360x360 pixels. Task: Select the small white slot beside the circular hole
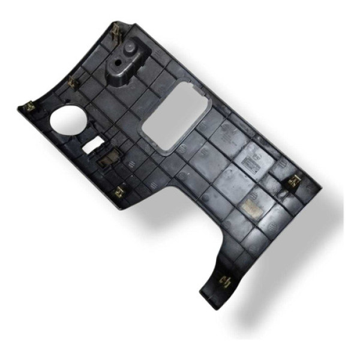click(93, 145)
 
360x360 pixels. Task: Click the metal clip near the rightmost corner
click(296, 181)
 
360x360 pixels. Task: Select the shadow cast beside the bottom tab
click(252, 312)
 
